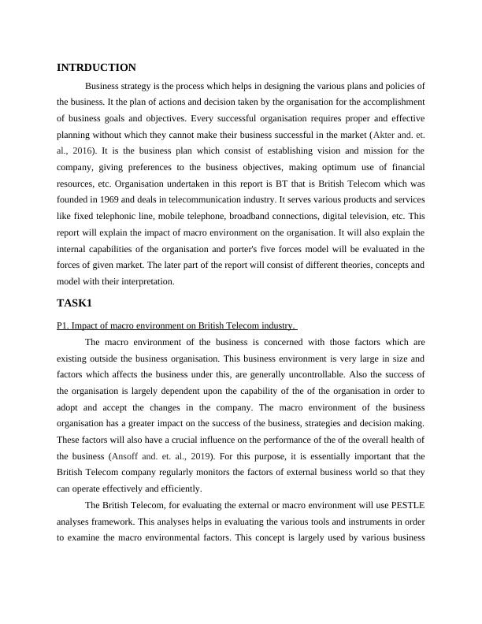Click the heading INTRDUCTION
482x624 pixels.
[x=97, y=68]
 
